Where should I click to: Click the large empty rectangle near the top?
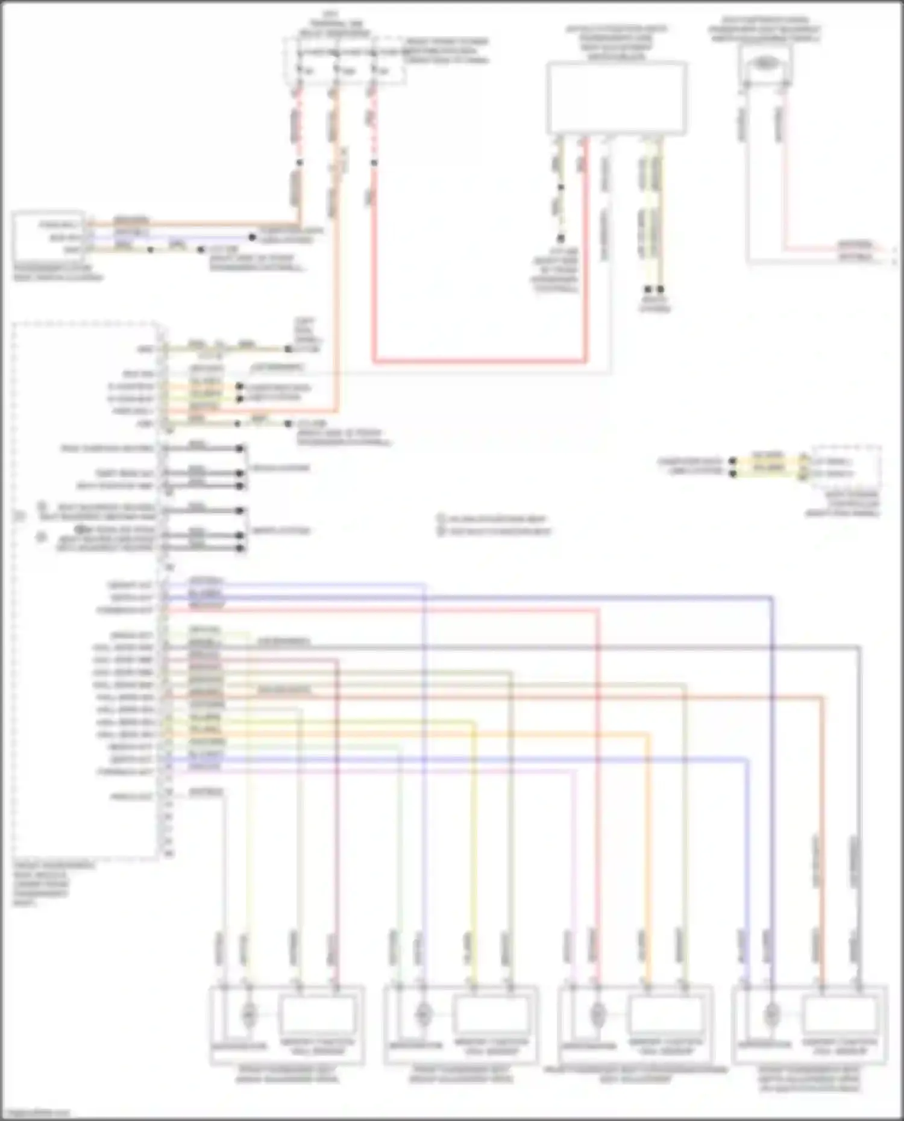coord(616,98)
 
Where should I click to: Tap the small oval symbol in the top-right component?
coord(765,62)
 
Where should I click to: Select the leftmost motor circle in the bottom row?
coord(248,1014)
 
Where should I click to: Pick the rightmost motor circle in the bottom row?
coord(770,1014)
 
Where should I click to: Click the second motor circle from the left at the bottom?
coord(423,1014)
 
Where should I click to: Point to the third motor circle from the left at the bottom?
coord(597,1014)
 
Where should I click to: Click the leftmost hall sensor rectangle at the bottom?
coord(317,1014)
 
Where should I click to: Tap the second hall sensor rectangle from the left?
coord(492,1014)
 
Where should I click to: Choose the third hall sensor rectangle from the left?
coord(665,1014)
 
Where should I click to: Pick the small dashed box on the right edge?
coord(846,469)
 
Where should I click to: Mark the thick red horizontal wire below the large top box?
coord(479,363)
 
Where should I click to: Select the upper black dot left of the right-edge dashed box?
coord(733,461)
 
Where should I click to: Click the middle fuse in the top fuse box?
coord(335,71)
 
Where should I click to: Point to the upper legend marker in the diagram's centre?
coord(441,518)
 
